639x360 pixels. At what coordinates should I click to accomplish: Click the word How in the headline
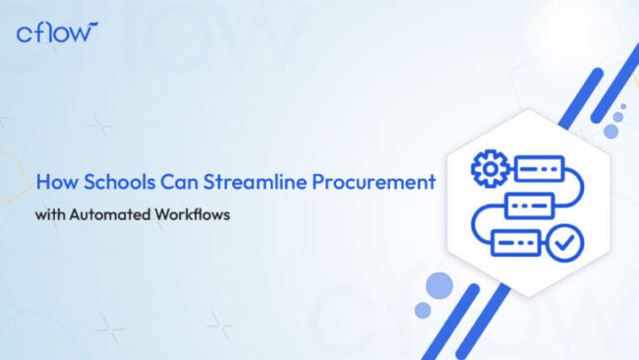pos(53,182)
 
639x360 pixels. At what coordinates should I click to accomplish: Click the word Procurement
pos(375,182)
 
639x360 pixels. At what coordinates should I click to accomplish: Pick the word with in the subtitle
pos(49,214)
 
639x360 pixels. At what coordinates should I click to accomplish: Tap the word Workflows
pos(192,214)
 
